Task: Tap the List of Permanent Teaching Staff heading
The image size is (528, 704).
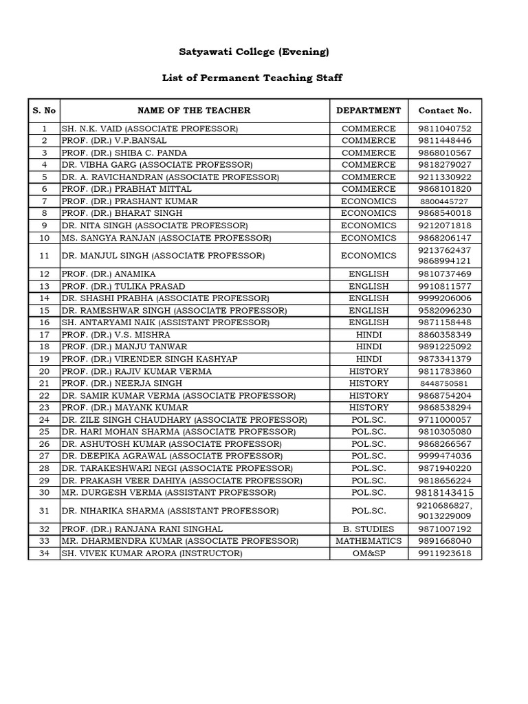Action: coord(252,78)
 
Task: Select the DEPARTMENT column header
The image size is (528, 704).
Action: coord(368,110)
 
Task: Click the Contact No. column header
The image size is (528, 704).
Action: coord(445,110)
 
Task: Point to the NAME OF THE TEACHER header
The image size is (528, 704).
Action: coord(194,110)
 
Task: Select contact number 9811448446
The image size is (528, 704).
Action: coord(445,140)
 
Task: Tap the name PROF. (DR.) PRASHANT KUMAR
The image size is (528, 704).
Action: coord(129,201)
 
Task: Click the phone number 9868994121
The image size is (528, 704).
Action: coord(445,261)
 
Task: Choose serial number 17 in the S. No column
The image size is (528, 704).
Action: coord(45,335)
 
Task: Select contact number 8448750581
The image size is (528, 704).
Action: coord(445,384)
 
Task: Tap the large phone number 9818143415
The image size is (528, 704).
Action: coord(445,493)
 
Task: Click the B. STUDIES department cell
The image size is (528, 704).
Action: coord(368,529)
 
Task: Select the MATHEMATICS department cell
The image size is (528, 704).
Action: coord(368,541)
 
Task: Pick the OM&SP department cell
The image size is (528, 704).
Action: coord(368,553)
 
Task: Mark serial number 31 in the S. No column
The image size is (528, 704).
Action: coord(45,511)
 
